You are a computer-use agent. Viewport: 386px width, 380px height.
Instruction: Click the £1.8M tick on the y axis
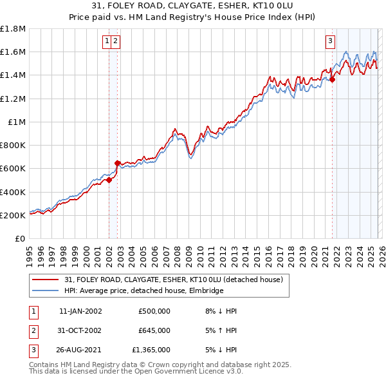point(13,29)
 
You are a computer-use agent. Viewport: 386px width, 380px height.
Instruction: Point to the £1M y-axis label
point(17,122)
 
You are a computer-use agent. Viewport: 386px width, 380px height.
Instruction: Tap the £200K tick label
point(13,215)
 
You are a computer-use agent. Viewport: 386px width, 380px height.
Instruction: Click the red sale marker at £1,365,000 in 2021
point(333,80)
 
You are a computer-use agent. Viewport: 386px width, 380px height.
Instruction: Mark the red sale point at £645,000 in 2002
point(118,164)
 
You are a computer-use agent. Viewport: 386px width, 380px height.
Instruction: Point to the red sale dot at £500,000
point(109,180)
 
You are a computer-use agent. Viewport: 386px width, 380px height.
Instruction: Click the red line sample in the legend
point(46,280)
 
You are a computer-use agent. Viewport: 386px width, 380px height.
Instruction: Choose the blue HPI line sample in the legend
point(46,290)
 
